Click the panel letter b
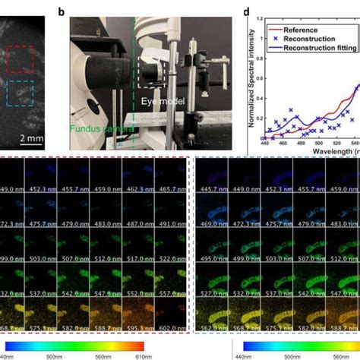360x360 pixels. (x=72, y=11)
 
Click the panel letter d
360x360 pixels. (x=246, y=11)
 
